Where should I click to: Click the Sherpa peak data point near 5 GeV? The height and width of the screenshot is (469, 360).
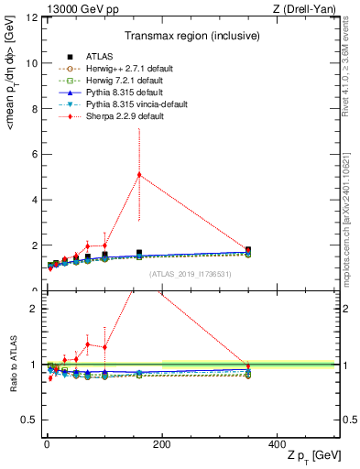(x=139, y=175)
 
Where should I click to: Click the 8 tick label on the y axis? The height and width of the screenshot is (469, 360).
(x=32, y=109)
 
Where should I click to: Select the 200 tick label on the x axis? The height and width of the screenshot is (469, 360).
(x=161, y=443)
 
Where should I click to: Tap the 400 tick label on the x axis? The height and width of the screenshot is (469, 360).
(x=277, y=443)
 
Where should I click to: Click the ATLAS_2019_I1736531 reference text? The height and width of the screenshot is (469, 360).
(x=190, y=275)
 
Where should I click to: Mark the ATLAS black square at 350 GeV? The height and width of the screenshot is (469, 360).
(x=248, y=249)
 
